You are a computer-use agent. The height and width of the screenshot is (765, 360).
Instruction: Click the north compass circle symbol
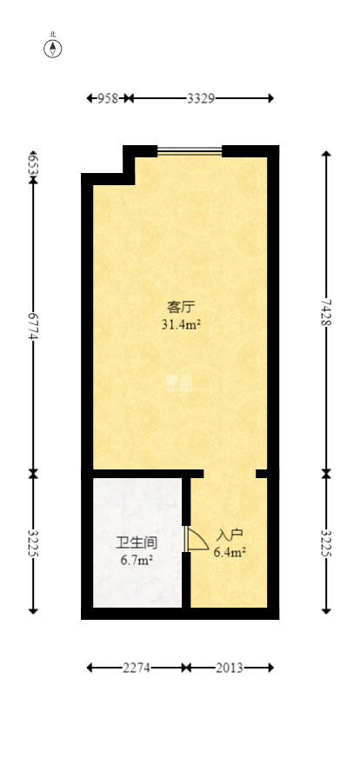coord(53,50)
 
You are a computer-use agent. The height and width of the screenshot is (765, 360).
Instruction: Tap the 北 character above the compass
coord(53,36)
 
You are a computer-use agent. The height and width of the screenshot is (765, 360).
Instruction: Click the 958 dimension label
coord(107,98)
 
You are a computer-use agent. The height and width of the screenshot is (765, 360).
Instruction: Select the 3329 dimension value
coord(201,98)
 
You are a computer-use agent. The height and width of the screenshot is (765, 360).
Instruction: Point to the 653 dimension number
coord(33,165)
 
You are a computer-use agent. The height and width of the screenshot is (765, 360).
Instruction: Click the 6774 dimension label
coord(33,326)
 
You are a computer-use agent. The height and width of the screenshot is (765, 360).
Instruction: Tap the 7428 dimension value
coord(326,311)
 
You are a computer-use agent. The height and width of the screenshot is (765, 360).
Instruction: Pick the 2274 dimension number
coord(137,668)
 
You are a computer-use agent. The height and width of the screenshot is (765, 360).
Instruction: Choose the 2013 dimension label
coord(230,668)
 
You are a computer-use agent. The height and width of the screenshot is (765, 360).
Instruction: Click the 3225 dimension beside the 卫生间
coord(33,543)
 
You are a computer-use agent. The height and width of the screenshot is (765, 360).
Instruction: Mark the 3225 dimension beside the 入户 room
coord(326,543)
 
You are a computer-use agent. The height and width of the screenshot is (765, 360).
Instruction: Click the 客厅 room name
coord(179,307)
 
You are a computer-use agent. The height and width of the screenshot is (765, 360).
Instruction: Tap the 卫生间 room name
coord(137,543)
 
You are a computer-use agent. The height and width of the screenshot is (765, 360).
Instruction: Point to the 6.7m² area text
coord(137,561)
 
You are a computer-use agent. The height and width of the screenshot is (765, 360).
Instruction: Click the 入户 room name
coord(230,535)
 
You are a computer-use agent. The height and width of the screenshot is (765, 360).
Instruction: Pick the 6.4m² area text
coord(230,551)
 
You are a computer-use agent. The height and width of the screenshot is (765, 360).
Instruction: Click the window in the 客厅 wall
coord(190,151)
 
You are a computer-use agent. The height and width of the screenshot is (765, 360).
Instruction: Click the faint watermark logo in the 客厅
coord(178,380)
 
